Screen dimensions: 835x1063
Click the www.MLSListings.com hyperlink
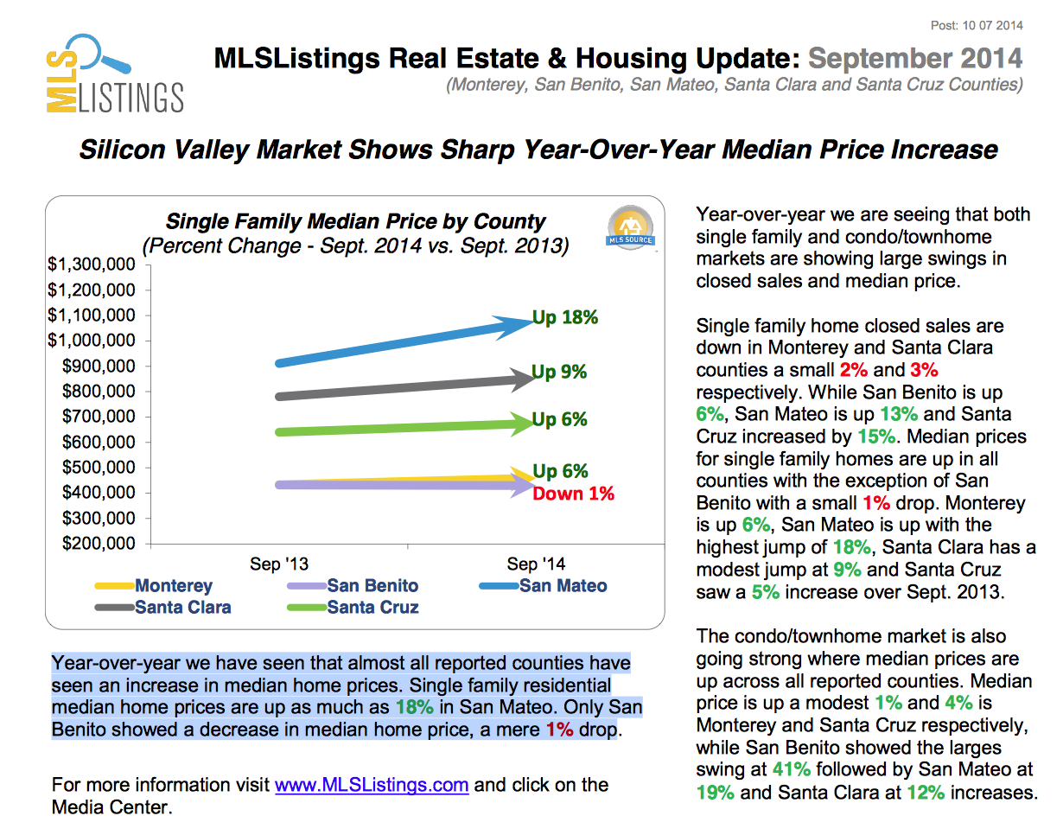[372, 785]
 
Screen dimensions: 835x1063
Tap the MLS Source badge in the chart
[631, 229]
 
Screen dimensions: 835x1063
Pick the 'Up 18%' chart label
[565, 317]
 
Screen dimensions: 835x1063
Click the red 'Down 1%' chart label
[573, 494]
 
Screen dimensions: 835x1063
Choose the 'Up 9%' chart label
[559, 372]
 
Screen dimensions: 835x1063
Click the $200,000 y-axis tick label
[98, 544]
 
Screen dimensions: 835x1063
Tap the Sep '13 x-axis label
[279, 564]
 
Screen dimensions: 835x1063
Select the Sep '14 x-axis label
[536, 564]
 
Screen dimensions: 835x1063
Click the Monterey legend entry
[173, 586]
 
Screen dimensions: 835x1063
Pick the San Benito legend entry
[372, 586]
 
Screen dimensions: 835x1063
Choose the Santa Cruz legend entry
[372, 608]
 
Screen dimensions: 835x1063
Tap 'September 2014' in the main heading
[915, 59]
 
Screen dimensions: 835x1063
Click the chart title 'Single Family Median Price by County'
[355, 221]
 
